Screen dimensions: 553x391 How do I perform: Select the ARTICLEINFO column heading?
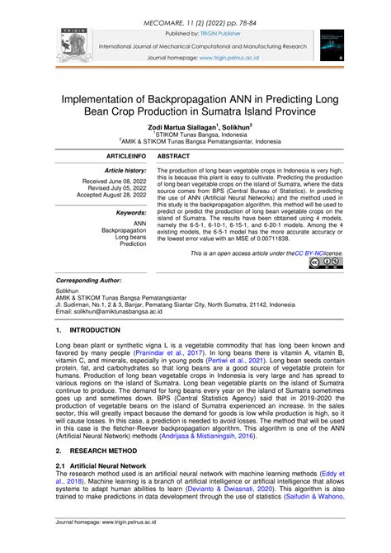coord(121,155)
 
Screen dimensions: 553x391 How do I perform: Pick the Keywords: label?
coord(131,212)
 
